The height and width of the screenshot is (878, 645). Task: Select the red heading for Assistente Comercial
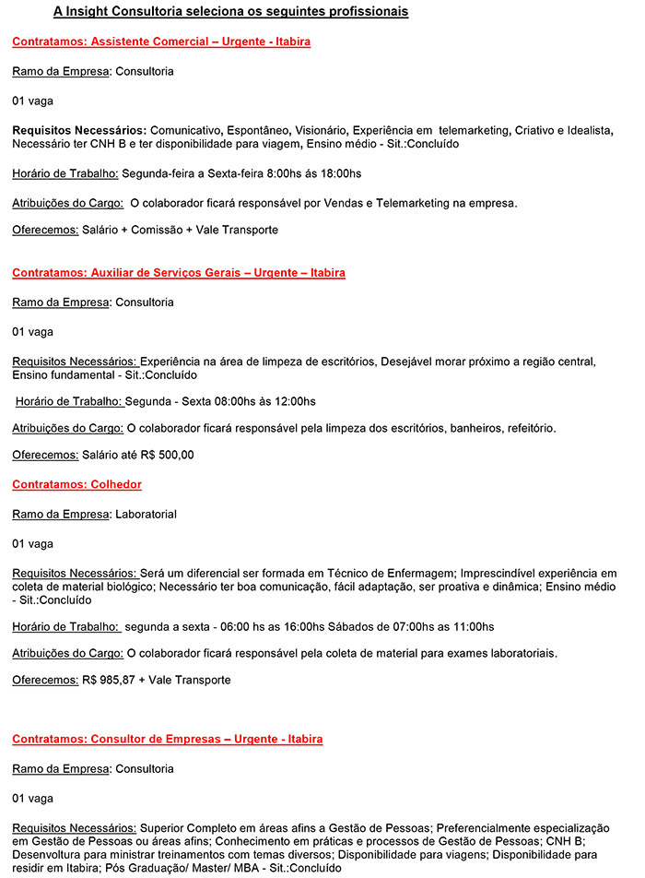coord(161,42)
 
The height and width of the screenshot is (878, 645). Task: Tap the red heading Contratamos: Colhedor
coord(76,484)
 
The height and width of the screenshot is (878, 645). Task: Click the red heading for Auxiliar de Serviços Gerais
coord(179,273)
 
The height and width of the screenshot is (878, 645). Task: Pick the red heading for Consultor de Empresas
coord(167,740)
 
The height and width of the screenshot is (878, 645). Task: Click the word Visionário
coord(322,130)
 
